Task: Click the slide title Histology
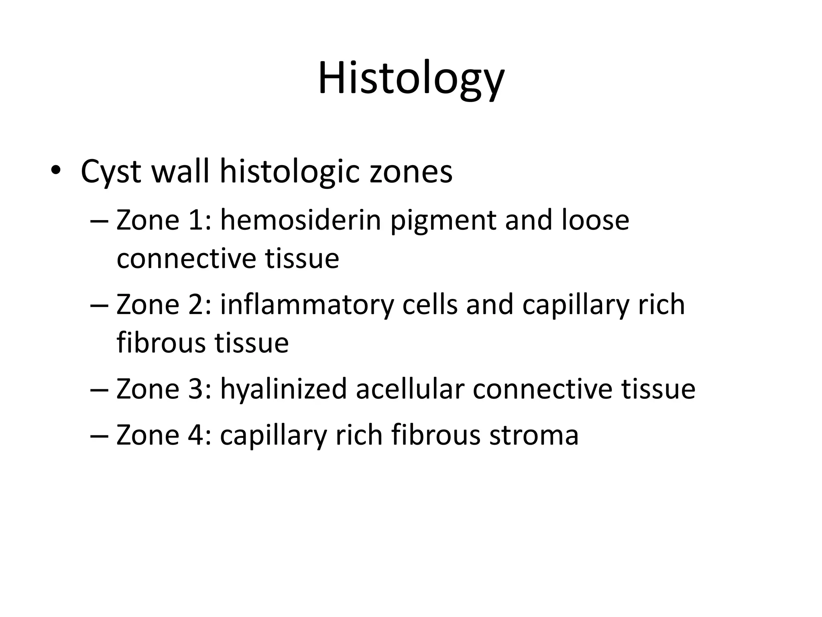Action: coord(411,78)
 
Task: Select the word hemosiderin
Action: coord(300,221)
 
